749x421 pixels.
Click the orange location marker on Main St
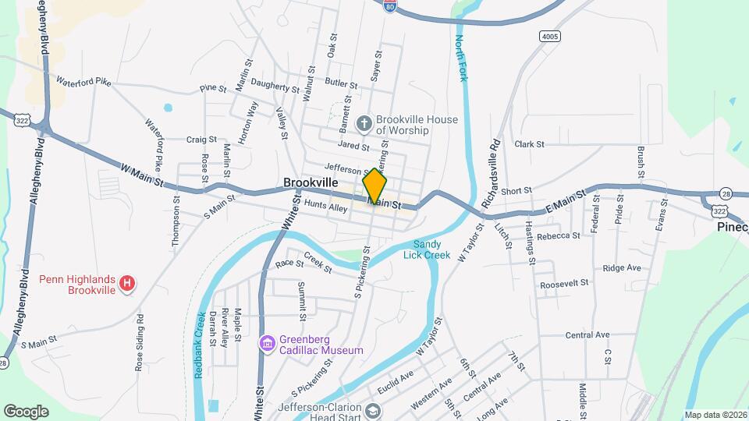[374, 188]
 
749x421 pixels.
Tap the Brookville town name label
[311, 182]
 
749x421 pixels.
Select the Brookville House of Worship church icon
[364, 123]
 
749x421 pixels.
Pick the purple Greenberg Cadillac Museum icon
[267, 344]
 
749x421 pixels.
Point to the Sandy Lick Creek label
[427, 249]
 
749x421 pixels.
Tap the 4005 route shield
[550, 37]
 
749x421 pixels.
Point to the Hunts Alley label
[325, 207]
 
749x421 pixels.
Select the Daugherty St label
[275, 89]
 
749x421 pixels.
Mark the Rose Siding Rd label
[140, 342]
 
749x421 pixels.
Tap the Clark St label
[529, 144]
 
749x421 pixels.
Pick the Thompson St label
[174, 223]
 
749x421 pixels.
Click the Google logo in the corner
[26, 411]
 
